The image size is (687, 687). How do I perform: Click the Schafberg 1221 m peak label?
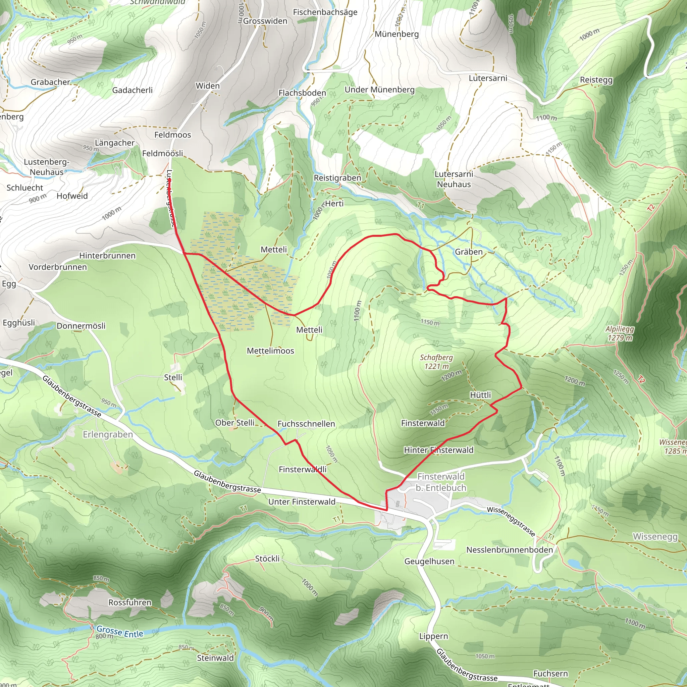pyautogui.click(x=436, y=362)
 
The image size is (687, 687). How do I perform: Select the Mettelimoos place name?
pyautogui.click(x=270, y=351)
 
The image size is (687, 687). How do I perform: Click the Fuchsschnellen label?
pyautogui.click(x=306, y=424)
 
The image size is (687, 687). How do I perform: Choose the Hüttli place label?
pyautogui.click(x=480, y=395)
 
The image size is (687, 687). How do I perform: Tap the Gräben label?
pyautogui.click(x=469, y=252)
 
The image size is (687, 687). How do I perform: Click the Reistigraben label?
pyautogui.click(x=337, y=178)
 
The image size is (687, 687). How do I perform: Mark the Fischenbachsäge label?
pyautogui.click(x=325, y=12)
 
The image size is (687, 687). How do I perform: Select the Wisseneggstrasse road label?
pyautogui.click(x=511, y=521)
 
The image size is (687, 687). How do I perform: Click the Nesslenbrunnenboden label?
pyautogui.click(x=509, y=550)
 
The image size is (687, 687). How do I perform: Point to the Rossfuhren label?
pyautogui.click(x=130, y=602)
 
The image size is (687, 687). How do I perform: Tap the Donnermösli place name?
pyautogui.click(x=81, y=326)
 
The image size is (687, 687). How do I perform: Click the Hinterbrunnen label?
pyautogui.click(x=107, y=256)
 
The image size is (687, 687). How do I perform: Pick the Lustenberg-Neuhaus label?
pyautogui.click(x=46, y=167)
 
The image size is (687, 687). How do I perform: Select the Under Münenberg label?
pyautogui.click(x=379, y=90)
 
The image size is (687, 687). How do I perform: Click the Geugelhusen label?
pyautogui.click(x=429, y=562)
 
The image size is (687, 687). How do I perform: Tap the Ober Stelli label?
pyautogui.click(x=235, y=423)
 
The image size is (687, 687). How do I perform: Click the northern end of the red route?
pyautogui.click(x=169, y=180)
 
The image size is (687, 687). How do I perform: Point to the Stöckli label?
pyautogui.click(x=267, y=559)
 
